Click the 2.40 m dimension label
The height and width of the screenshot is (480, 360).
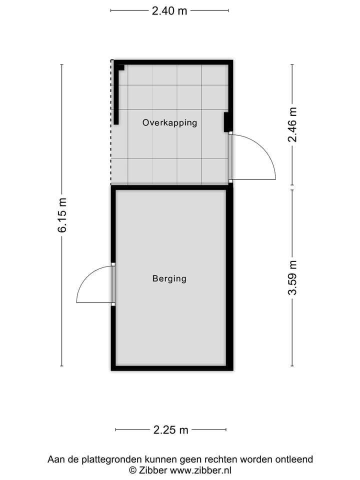tap(169, 10)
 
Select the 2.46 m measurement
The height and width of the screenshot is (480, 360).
tap(292, 125)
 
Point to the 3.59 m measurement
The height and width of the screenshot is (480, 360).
tap(292, 278)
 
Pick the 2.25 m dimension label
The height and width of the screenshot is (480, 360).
tap(170, 429)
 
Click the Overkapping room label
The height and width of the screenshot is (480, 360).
tap(169, 122)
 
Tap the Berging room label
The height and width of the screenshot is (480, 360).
tap(169, 278)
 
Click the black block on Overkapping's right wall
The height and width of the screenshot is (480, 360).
tap(226, 122)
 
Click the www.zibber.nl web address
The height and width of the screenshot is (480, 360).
tap(201, 470)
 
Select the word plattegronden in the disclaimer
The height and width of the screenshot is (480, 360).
tap(110, 459)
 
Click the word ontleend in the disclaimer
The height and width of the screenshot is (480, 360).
tap(294, 459)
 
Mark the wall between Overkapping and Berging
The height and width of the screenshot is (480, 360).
tap(171, 187)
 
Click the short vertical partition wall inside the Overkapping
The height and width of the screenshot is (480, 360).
tap(116, 95)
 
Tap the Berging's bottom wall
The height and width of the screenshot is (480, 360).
tap(171, 368)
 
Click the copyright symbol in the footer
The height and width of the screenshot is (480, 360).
tap(133, 470)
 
